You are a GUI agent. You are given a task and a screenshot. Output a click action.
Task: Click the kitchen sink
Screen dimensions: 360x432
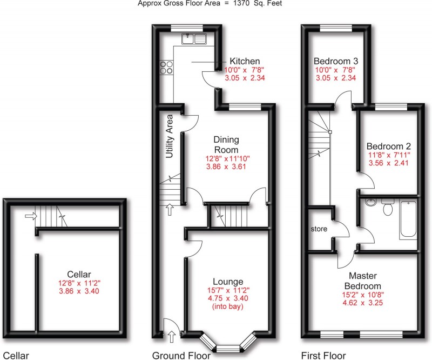pos(194,38)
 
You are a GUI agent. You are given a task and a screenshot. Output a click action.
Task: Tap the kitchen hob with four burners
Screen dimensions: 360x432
pos(166,68)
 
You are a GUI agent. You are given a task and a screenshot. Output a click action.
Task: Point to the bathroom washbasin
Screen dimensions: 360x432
pos(370,204)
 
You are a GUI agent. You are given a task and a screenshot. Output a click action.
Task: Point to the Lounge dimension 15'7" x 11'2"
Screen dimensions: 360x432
pos(228,291)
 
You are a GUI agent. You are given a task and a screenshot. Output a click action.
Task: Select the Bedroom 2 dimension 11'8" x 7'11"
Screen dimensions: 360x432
pos(389,156)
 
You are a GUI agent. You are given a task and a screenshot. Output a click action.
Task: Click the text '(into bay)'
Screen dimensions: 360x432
pos(228,308)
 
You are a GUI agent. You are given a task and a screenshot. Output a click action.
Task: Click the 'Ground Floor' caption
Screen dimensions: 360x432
pos(181,355)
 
